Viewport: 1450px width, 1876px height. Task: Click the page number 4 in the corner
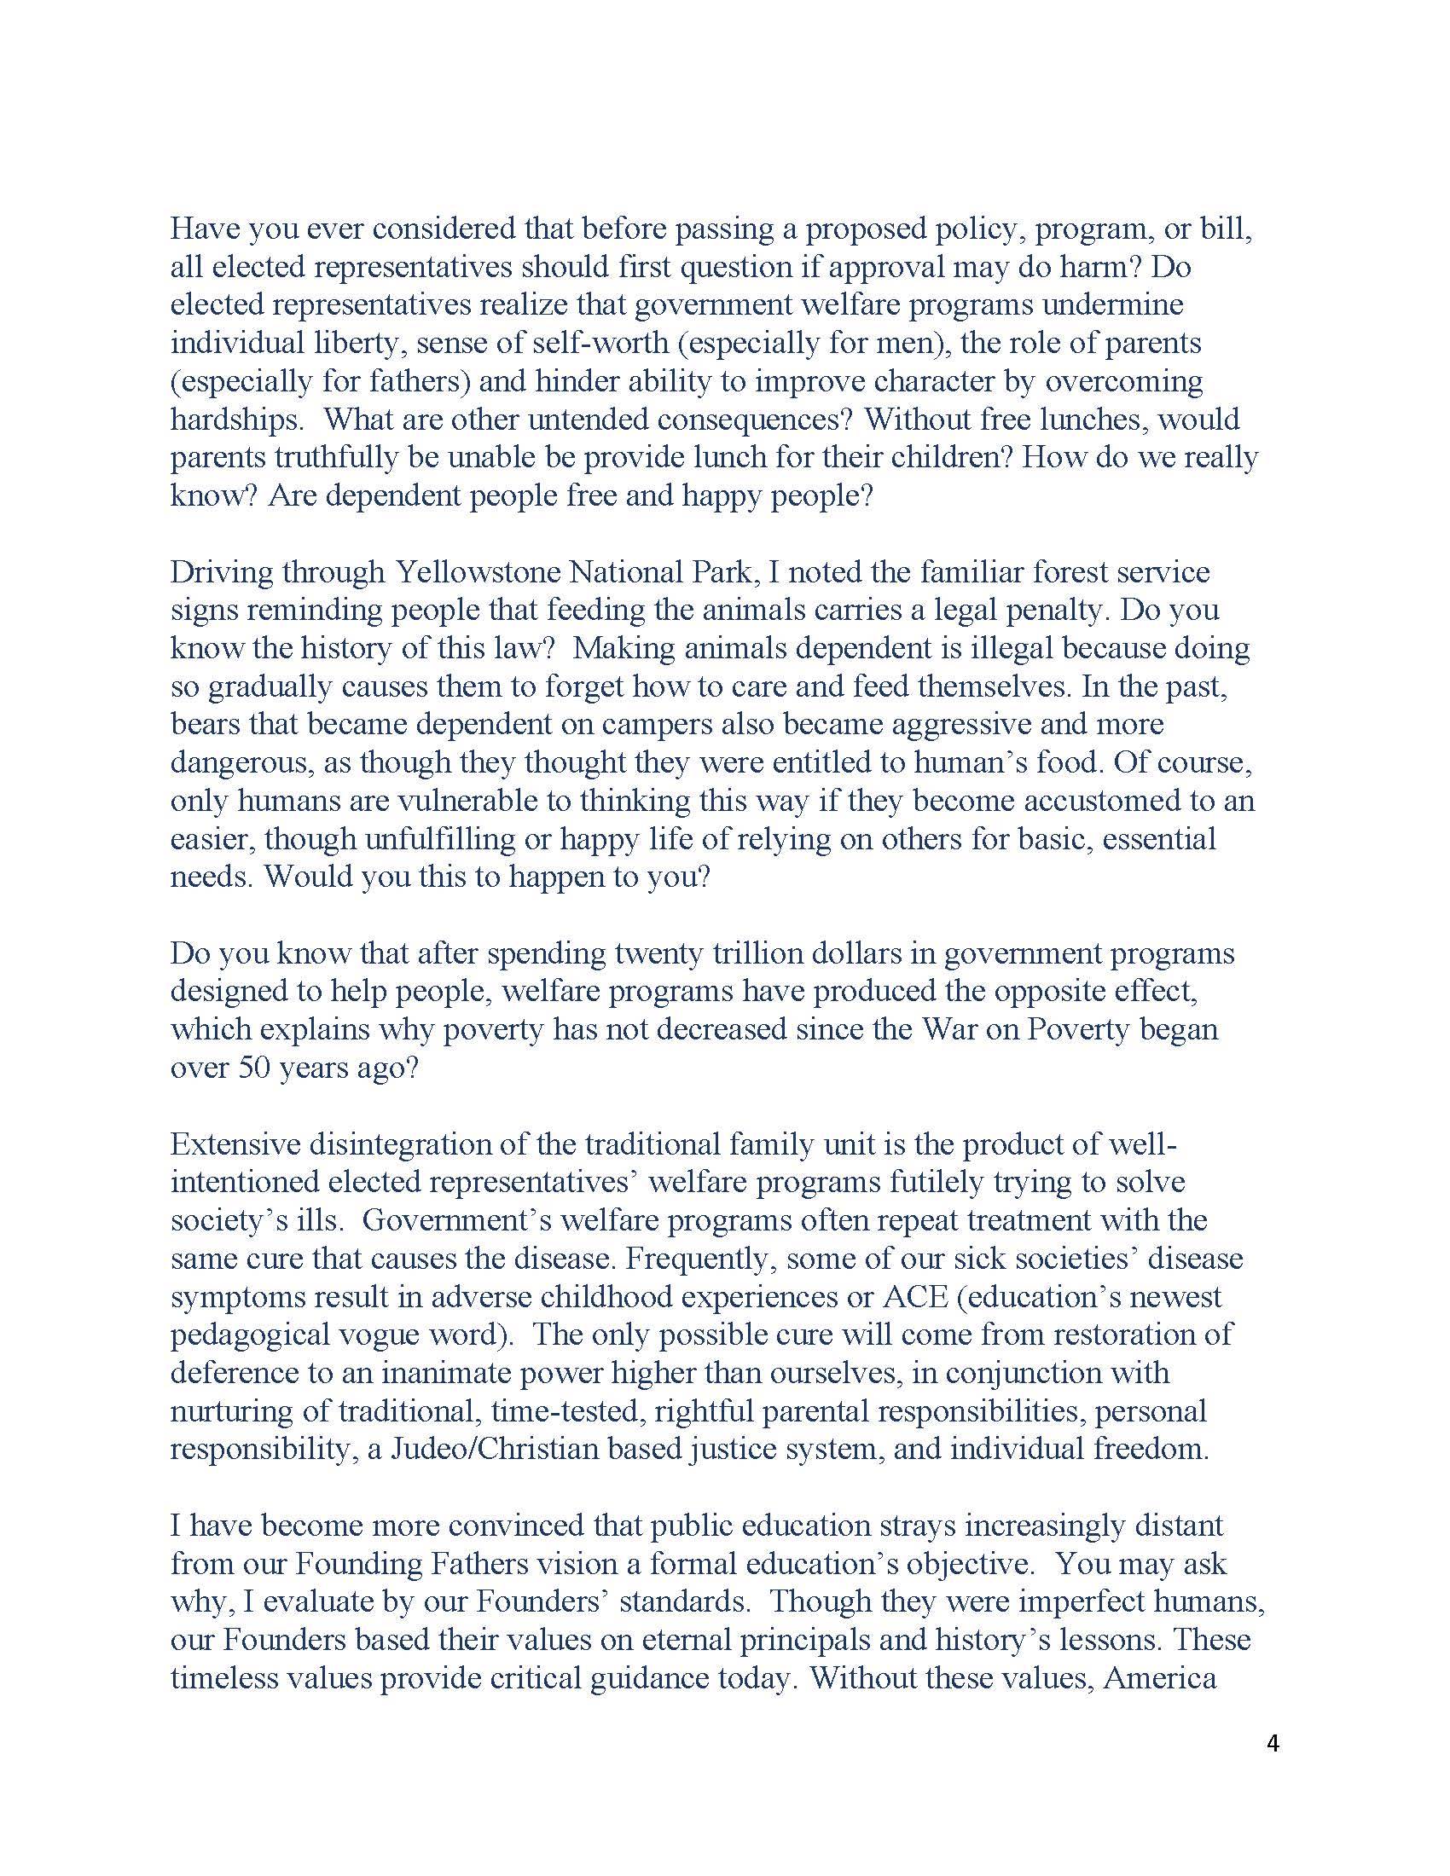[1273, 1744]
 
